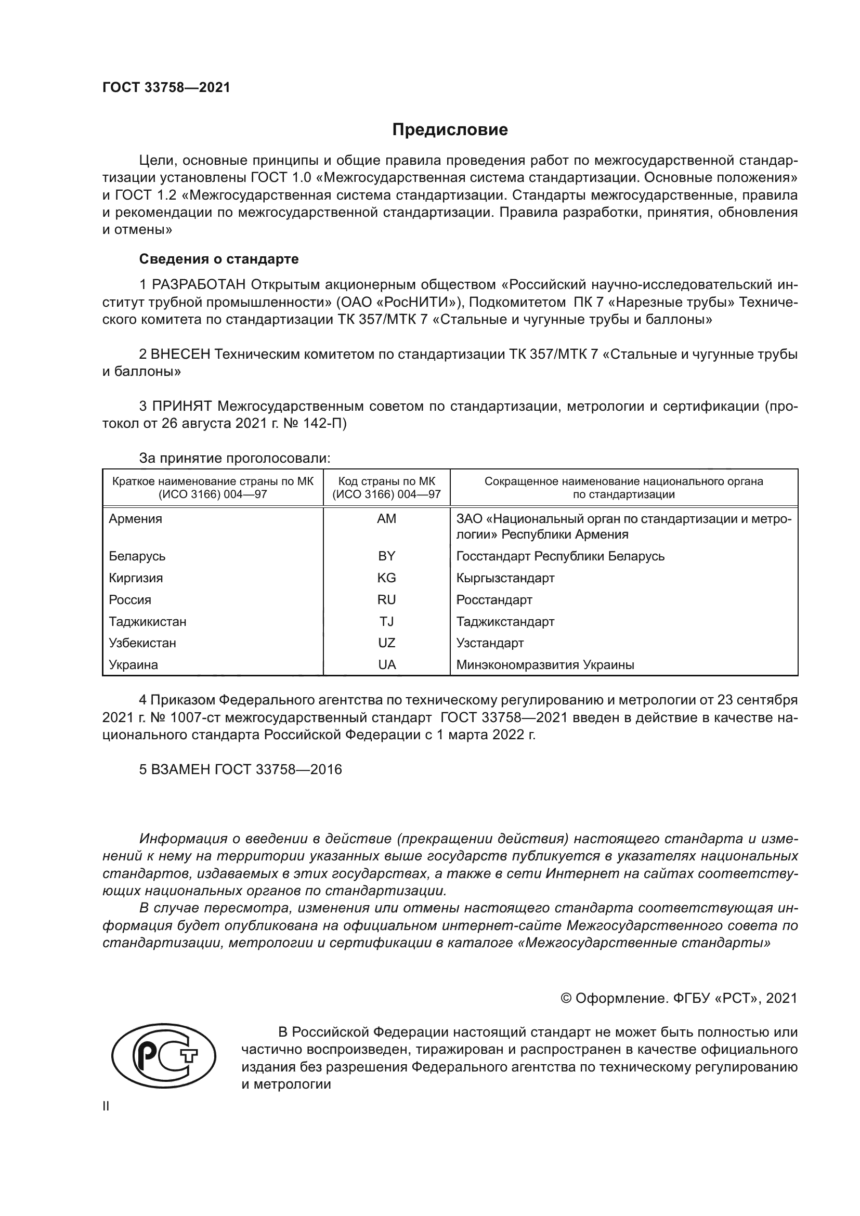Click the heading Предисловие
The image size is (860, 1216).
pyautogui.click(x=450, y=130)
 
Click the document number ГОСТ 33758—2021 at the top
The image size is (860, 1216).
pyautogui.click(x=166, y=87)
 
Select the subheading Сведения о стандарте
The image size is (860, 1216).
pyautogui.click(x=219, y=259)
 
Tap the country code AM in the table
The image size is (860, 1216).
pyautogui.click(x=386, y=519)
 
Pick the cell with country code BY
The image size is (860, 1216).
pyautogui.click(x=386, y=556)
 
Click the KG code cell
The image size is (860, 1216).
pyautogui.click(x=386, y=578)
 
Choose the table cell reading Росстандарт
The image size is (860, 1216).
pyautogui.click(x=494, y=599)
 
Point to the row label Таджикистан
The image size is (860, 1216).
pyautogui.click(x=147, y=621)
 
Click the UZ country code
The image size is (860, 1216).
pyautogui.click(x=386, y=643)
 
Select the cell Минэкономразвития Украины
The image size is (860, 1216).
pyautogui.click(x=545, y=665)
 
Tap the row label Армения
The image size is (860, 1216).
pyautogui.click(x=135, y=519)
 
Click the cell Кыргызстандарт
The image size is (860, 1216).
pyautogui.click(x=505, y=578)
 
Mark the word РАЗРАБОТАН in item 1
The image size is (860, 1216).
pyautogui.click(x=199, y=285)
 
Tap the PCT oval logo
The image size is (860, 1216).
pyautogui.click(x=164, y=1069)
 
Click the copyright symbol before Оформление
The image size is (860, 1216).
pyautogui.click(x=565, y=999)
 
